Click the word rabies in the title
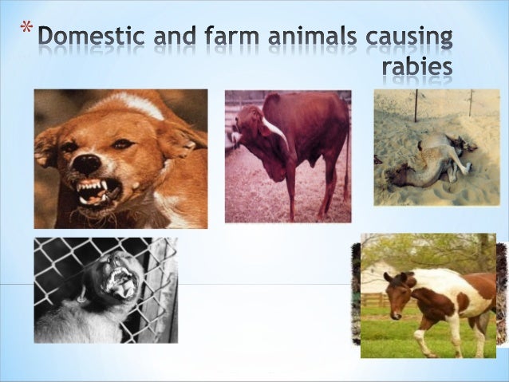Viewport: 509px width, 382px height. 417,67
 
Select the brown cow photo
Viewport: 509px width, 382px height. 287,156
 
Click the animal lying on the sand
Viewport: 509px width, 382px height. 435,159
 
